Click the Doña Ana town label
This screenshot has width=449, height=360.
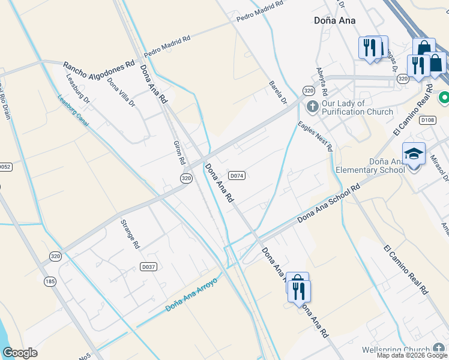[x=334, y=20]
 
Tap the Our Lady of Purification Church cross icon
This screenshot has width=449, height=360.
[x=312, y=107]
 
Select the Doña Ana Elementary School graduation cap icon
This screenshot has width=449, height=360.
[x=413, y=154]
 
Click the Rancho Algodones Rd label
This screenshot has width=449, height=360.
[x=98, y=65]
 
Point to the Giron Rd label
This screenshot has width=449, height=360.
[x=178, y=153]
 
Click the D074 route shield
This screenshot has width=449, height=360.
[x=237, y=175]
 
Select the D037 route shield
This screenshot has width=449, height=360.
[x=148, y=266]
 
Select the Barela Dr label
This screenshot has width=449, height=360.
[x=278, y=92]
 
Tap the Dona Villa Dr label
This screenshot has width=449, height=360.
[x=122, y=92]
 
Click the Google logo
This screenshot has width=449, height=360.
[x=20, y=353]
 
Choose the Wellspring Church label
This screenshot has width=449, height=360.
[x=396, y=350]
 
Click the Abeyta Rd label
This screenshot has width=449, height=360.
[x=320, y=80]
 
